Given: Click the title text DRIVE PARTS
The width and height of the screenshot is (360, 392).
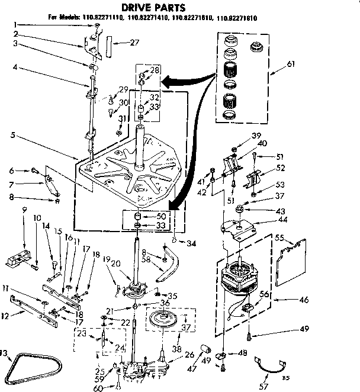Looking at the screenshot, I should tap(153, 8).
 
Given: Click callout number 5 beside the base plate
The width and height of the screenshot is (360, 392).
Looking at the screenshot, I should tap(13, 135).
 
